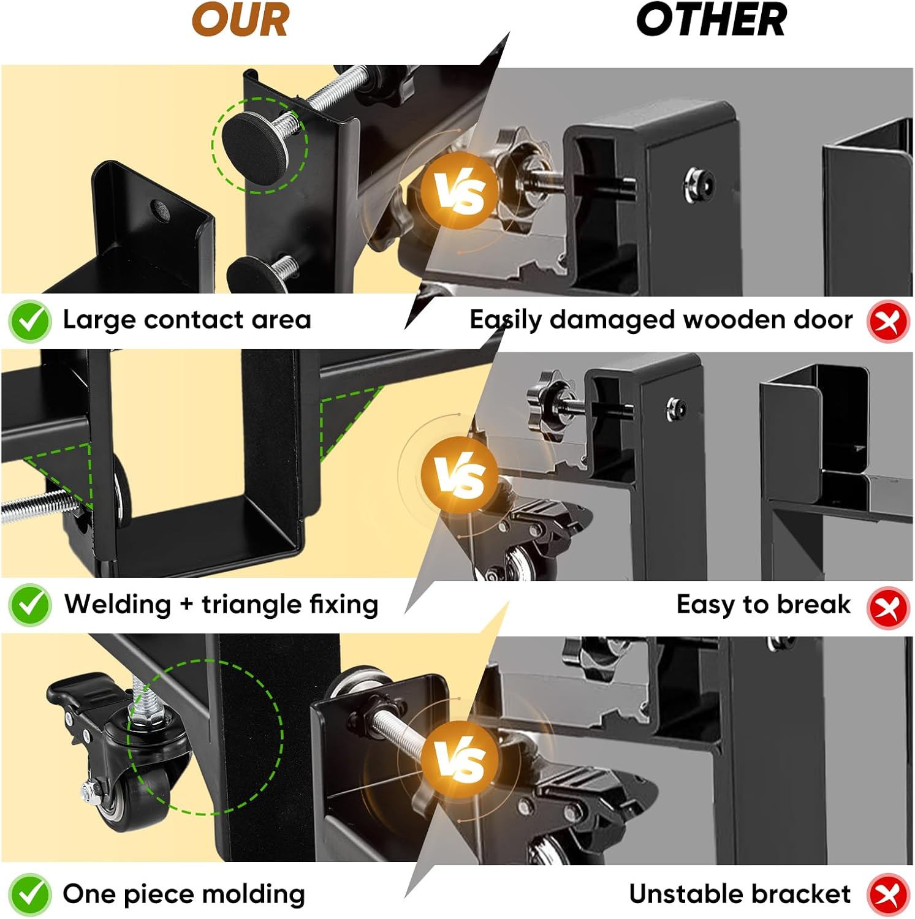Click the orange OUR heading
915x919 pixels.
[240, 20]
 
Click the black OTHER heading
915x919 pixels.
[711, 20]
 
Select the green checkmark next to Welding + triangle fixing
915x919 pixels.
[29, 605]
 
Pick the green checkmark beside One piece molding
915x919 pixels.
[29, 895]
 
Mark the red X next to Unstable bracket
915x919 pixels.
[887, 895]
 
